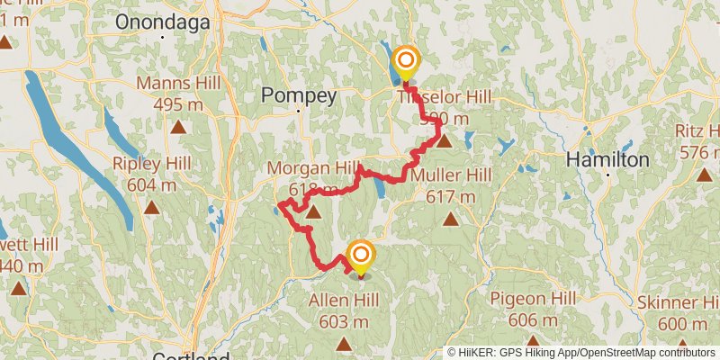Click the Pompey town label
(299, 95)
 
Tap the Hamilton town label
(607, 159)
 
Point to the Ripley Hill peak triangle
(152, 207)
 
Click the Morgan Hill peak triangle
(313, 212)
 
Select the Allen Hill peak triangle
(345, 343)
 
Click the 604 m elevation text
(151, 184)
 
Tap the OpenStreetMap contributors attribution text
(645, 353)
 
